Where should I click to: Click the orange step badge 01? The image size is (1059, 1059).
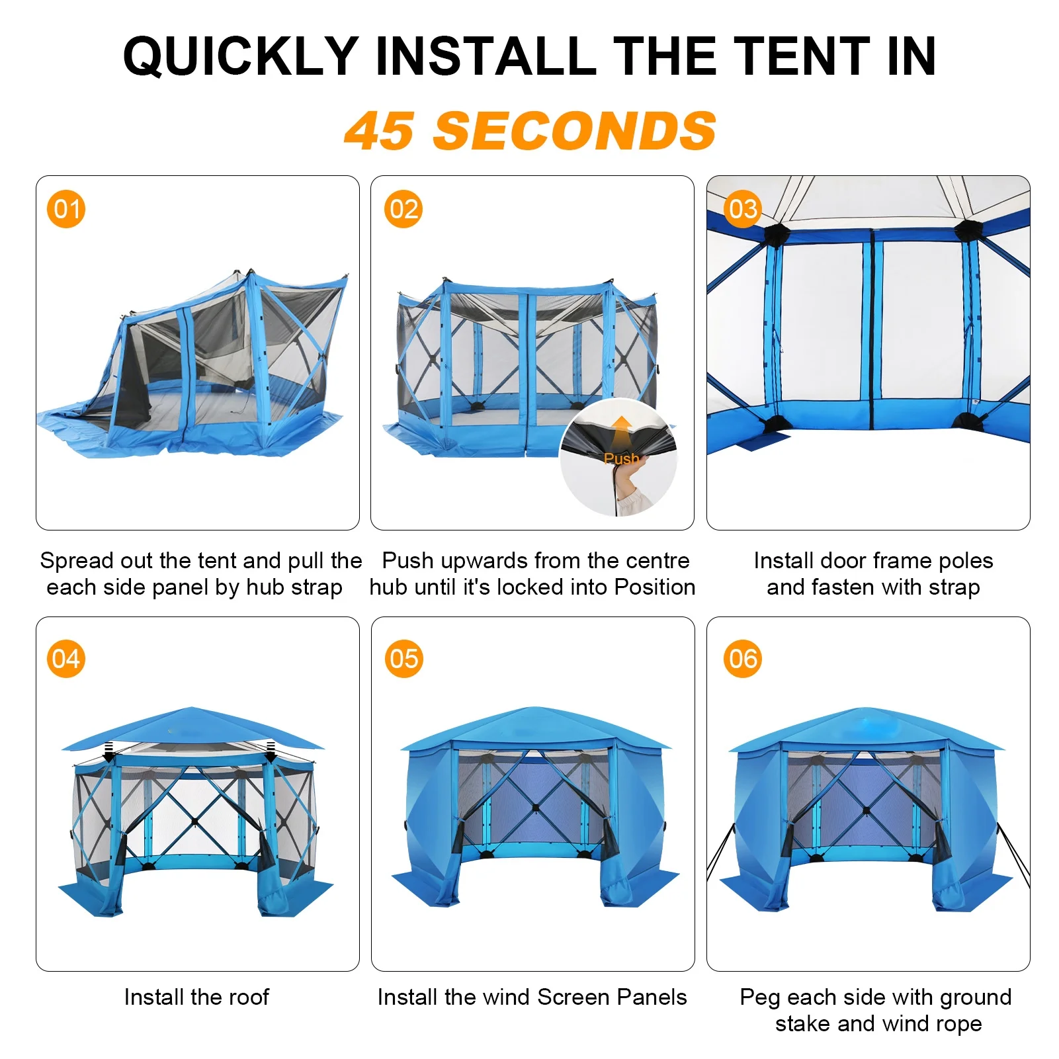click(x=66, y=209)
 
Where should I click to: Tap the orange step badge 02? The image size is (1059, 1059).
click(x=403, y=209)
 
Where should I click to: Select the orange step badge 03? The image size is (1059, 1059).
click(x=742, y=209)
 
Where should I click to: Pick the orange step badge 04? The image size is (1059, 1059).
click(x=66, y=659)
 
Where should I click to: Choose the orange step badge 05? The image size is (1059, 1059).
click(x=404, y=659)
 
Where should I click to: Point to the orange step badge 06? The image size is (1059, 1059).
click(x=743, y=659)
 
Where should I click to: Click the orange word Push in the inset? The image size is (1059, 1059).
click(x=621, y=458)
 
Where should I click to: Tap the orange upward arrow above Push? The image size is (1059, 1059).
click(x=621, y=433)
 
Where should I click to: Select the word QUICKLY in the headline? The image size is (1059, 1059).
click(x=241, y=56)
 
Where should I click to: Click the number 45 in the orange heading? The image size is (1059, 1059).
click(x=380, y=131)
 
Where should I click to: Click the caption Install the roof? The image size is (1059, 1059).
click(x=196, y=997)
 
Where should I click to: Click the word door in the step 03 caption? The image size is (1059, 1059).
click(x=843, y=560)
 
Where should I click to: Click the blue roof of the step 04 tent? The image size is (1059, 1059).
click(x=193, y=728)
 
